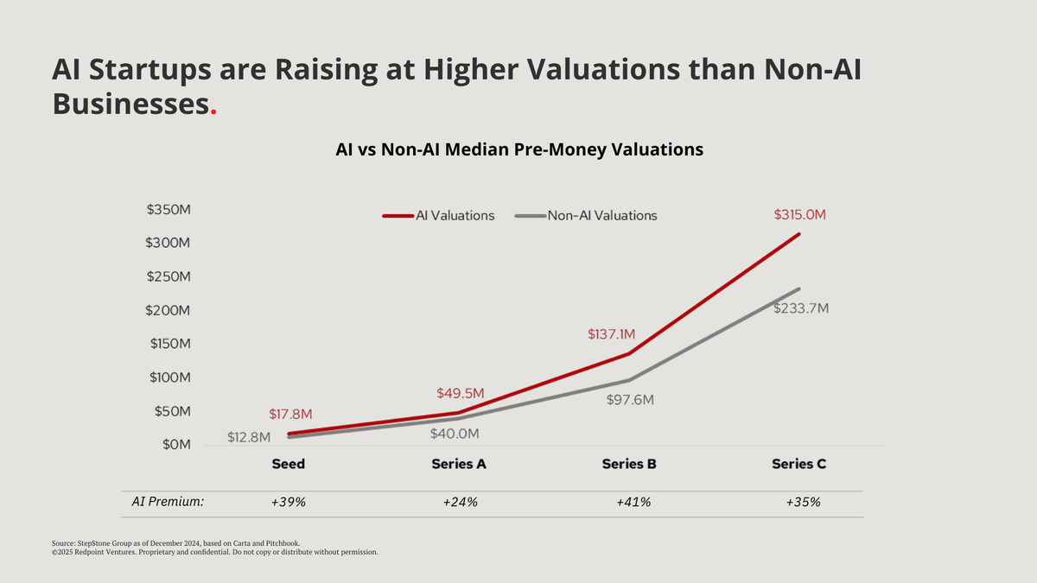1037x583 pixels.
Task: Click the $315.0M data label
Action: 799,214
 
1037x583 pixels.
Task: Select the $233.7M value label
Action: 800,308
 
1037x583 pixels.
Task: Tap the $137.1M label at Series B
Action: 611,334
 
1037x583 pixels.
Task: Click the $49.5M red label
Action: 460,394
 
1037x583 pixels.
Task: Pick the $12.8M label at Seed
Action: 249,437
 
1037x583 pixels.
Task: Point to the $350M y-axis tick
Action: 169,210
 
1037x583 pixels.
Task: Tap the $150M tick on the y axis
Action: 169,344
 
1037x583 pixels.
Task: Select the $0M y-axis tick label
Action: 177,445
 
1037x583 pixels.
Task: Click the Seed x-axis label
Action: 288,464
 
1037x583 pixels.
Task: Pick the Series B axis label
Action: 629,464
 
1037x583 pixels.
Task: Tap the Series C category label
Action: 798,464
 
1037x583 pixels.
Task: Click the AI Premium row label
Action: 168,502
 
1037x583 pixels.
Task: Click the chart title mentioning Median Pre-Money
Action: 519,149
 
